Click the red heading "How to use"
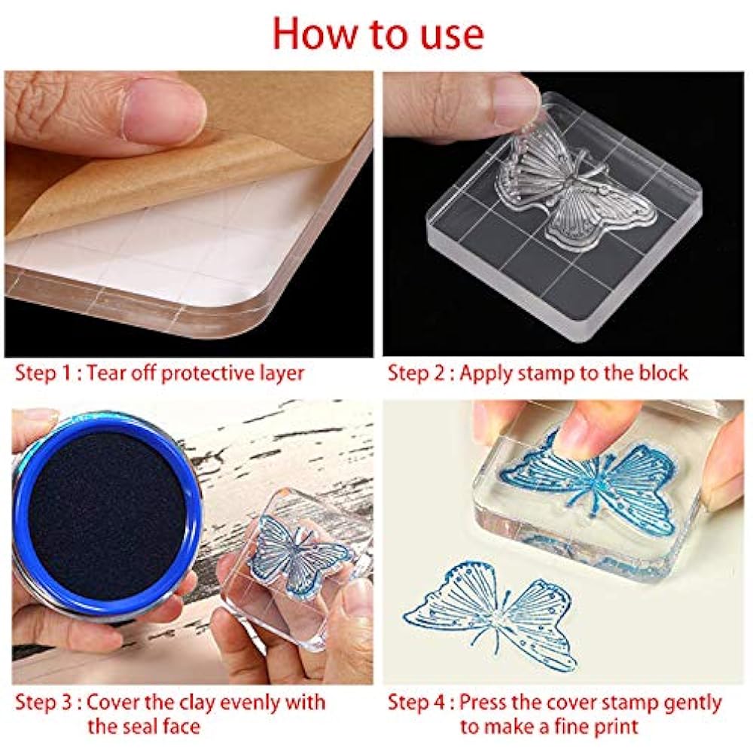tap(379, 34)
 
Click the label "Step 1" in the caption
tap(43, 373)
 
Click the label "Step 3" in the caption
tap(43, 703)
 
